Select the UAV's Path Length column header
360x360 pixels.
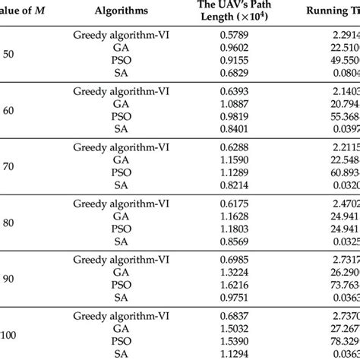coord(235,12)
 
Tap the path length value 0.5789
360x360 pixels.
coord(235,36)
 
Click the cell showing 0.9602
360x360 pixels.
coord(235,47)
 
